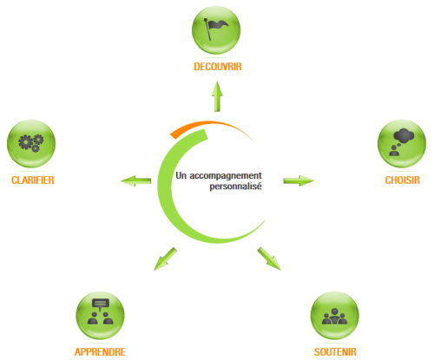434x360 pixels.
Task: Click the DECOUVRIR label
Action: pyautogui.click(x=218, y=67)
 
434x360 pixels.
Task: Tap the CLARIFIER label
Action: pyautogui.click(x=33, y=180)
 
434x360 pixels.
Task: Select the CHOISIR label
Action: pyautogui.click(x=402, y=180)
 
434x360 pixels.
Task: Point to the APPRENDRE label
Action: pyautogui.click(x=100, y=352)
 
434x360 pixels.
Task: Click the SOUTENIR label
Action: pyautogui.click(x=335, y=352)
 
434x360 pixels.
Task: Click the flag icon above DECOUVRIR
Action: pyautogui.click(x=216, y=29)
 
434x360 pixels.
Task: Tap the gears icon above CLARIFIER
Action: pyautogui.click(x=31, y=143)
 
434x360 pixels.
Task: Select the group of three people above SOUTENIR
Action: pyautogui.click(x=335, y=316)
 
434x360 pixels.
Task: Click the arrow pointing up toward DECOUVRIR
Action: pyautogui.click(x=217, y=96)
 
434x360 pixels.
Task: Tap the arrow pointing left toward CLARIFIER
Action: pyautogui.click(x=135, y=181)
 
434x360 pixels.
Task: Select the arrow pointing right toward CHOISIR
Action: pyautogui.click(x=299, y=180)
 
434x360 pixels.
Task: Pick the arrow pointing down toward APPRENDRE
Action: pyautogui.click(x=165, y=259)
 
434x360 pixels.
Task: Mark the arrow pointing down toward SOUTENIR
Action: pyautogui.click(x=269, y=259)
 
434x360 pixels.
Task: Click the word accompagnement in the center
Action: pyautogui.click(x=226, y=176)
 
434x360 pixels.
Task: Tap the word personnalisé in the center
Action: pyautogui.click(x=235, y=187)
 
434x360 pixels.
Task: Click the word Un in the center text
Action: pyautogui.click(x=181, y=175)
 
